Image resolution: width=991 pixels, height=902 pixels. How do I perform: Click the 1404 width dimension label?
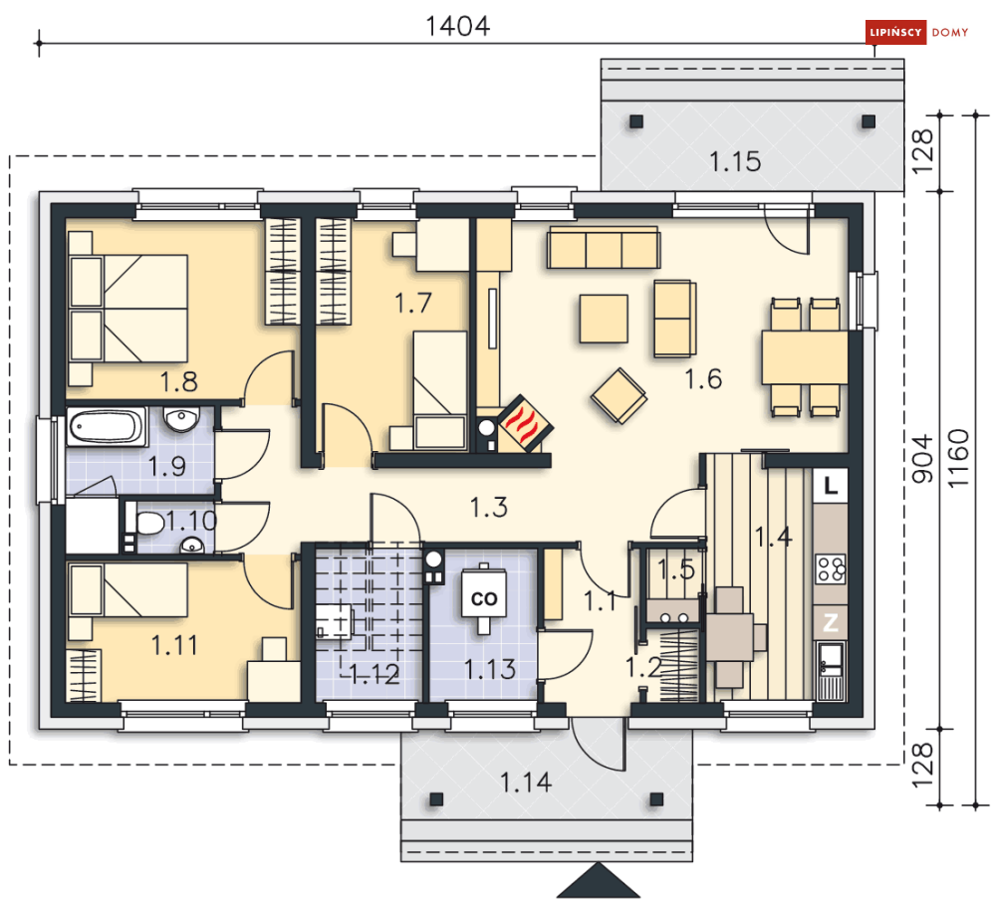457,26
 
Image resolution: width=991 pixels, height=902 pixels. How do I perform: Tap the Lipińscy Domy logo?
917,32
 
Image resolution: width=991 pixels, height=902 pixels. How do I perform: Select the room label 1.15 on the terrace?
735,161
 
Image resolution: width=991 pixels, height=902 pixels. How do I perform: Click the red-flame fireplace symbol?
525,422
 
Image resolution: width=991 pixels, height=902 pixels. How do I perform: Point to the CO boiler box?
484,597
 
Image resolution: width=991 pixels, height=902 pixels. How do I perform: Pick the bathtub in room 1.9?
107,427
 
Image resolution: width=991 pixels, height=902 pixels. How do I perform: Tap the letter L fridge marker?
831,485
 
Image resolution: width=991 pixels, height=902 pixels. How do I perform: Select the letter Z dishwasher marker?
831,623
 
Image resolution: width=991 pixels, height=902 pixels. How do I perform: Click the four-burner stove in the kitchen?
831,567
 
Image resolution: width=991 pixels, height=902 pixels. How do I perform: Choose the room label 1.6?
703,379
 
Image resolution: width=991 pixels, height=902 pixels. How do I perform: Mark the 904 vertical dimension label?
922,458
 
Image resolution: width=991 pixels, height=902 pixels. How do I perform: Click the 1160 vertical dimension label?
958,458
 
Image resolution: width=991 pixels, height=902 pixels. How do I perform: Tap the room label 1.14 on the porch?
526,783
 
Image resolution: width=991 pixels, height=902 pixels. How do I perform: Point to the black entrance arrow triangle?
589,880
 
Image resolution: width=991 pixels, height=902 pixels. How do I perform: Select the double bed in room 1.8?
128,309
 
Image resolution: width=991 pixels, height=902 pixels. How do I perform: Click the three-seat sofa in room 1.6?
604,248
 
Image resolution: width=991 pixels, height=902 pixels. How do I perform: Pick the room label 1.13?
490,669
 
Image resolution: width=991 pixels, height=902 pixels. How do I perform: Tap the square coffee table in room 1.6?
604,319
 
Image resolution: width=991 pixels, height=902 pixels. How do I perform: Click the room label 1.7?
412,304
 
